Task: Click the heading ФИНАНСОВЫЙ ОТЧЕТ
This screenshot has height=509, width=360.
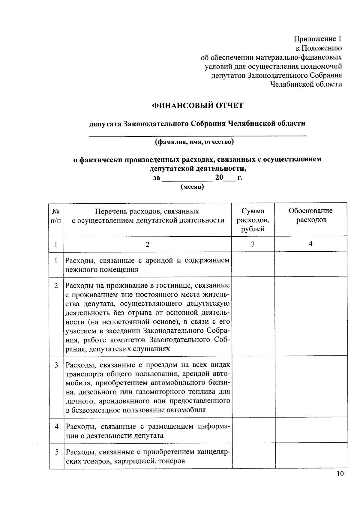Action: click(x=198, y=106)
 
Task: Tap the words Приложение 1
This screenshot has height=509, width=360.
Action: click(x=317, y=39)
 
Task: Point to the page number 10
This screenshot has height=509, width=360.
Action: click(x=340, y=474)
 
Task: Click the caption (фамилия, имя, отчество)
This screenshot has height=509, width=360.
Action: click(x=194, y=142)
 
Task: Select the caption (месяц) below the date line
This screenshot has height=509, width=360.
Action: click(x=192, y=187)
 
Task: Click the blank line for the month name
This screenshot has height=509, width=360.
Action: click(x=187, y=179)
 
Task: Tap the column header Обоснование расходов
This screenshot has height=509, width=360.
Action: click(x=310, y=215)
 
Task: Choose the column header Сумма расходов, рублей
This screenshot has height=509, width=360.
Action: click(x=253, y=220)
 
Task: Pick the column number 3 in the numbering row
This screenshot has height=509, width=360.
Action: click(x=253, y=244)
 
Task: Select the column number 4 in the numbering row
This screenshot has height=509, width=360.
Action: click(x=310, y=244)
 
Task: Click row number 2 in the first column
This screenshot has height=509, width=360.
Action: click(x=56, y=286)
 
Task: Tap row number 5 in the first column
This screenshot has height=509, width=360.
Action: click(x=56, y=452)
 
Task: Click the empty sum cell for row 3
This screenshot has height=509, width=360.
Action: click(x=253, y=387)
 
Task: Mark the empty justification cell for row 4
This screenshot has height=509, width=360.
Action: click(x=311, y=430)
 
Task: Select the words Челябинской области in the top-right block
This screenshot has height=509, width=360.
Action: click(x=306, y=84)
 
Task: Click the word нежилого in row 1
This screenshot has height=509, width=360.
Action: click(x=79, y=269)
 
